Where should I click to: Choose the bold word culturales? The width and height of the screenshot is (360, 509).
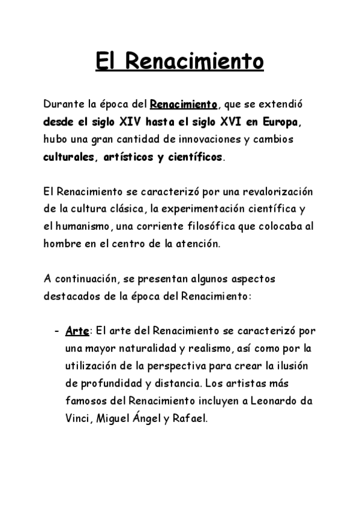tap(68, 158)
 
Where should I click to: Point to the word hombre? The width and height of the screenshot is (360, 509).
tap(62, 244)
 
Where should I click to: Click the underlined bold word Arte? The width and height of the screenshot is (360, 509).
tap(76, 331)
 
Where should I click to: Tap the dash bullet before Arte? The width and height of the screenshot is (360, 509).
tap(56, 332)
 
